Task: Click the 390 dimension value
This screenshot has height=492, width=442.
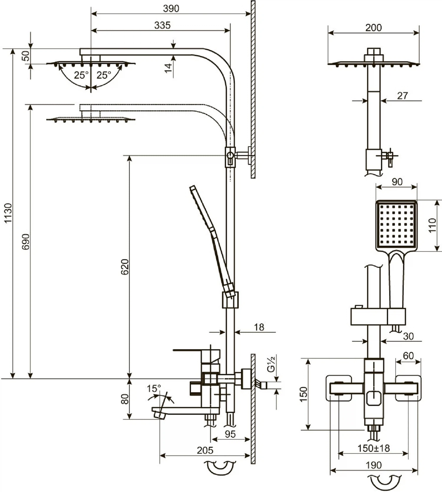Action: tap(171, 8)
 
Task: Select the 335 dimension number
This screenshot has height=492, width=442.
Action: tap(162, 25)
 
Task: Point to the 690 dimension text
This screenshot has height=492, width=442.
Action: tap(26, 242)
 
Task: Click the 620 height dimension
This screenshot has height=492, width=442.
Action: tap(125, 267)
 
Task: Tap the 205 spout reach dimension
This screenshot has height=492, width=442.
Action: tap(205, 450)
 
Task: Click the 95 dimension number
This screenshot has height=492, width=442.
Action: tap(230, 434)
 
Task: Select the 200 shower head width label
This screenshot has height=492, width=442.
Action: tap(373, 27)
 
